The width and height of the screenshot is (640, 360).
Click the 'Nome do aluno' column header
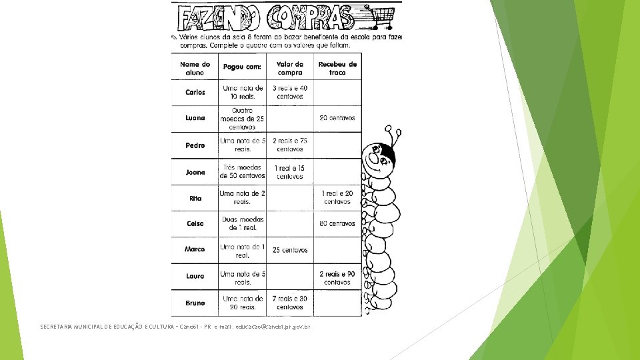click(x=195, y=68)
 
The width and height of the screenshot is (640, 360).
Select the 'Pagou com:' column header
click(x=242, y=67)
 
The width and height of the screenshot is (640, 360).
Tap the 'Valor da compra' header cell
click(x=290, y=68)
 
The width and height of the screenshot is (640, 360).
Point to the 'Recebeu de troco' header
click(x=337, y=68)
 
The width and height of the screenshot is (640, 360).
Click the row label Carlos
click(x=195, y=92)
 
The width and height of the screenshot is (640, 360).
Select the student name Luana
click(x=195, y=118)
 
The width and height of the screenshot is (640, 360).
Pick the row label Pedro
click(x=195, y=145)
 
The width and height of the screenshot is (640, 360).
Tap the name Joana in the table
click(x=195, y=172)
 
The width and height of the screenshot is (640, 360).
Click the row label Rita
click(x=195, y=198)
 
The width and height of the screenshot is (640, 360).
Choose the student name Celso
click(x=195, y=224)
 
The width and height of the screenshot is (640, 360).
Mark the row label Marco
click(x=195, y=249)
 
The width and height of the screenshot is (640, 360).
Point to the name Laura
click(x=195, y=276)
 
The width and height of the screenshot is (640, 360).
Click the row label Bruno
click(x=195, y=303)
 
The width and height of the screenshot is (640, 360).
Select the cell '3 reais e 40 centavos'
click(x=290, y=92)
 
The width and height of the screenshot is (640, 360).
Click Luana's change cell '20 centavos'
click(x=337, y=118)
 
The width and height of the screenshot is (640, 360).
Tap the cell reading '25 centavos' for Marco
click(x=290, y=250)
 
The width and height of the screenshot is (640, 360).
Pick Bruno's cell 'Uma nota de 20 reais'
click(x=243, y=303)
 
